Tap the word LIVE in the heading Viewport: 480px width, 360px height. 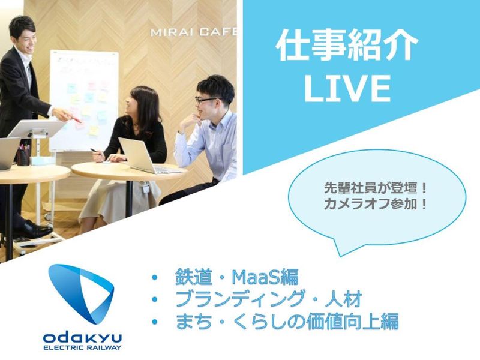(347, 87)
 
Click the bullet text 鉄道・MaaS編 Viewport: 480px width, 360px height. (236, 278)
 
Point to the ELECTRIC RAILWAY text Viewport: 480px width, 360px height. (82, 347)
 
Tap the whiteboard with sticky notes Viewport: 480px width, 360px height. (84, 99)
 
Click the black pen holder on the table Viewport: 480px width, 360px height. (23, 157)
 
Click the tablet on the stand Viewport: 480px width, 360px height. (37, 129)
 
